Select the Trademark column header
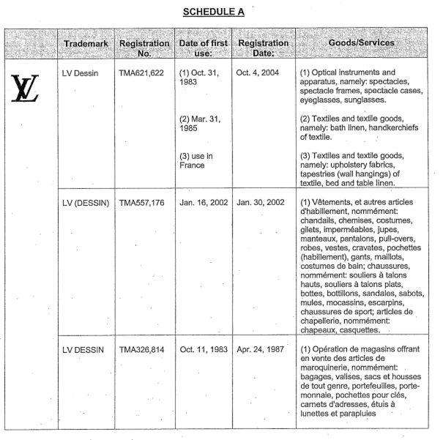(x=86, y=44)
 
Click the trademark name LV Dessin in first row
(x=83, y=75)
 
